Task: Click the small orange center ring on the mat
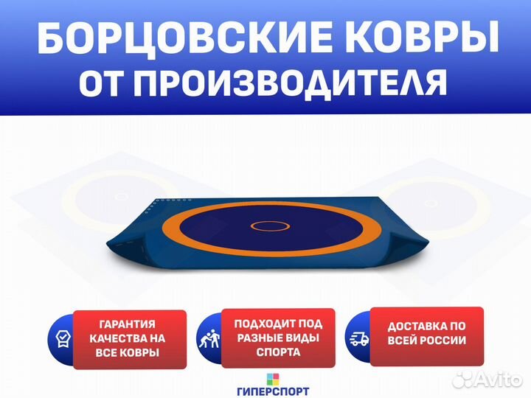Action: point(270,226)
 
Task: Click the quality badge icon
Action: point(63,340)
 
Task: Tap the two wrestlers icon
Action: point(209,338)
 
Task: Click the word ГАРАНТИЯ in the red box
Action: point(128,324)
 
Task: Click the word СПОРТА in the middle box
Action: point(278,352)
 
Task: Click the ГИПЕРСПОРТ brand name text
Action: point(273,391)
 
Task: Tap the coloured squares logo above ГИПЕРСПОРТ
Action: point(273,379)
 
